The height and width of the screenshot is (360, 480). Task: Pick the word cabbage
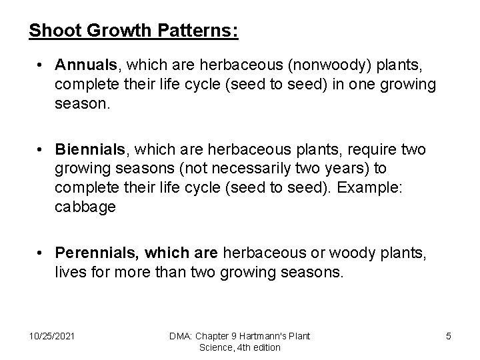(x=85, y=207)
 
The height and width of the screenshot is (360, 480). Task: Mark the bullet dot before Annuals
(x=41, y=66)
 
